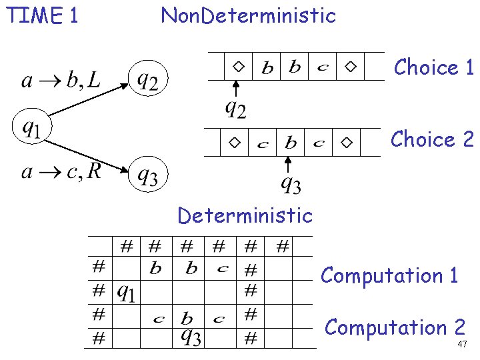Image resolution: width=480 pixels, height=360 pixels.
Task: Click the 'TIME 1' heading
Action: [x=42, y=15]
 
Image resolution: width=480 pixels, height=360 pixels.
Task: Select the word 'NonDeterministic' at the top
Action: [x=248, y=15]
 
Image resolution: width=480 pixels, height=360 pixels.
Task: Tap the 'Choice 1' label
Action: [x=433, y=67]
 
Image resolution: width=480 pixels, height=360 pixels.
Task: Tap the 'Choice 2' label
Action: [x=432, y=139]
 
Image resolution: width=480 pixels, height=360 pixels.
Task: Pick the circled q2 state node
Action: [x=148, y=79]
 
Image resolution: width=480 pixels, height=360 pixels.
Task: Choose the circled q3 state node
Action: [x=148, y=175]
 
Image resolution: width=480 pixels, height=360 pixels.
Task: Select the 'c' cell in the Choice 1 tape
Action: [x=323, y=67]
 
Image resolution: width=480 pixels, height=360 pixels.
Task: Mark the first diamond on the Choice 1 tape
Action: [x=238, y=67]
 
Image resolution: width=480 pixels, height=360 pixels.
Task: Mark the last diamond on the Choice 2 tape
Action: [x=345, y=143]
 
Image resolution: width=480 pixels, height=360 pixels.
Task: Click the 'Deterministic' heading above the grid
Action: [x=245, y=215]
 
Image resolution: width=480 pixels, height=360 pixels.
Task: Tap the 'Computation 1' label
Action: [x=390, y=275]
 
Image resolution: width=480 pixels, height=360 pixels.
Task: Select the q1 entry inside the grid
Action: [x=127, y=291]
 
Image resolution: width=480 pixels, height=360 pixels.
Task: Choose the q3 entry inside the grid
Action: [x=191, y=337]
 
